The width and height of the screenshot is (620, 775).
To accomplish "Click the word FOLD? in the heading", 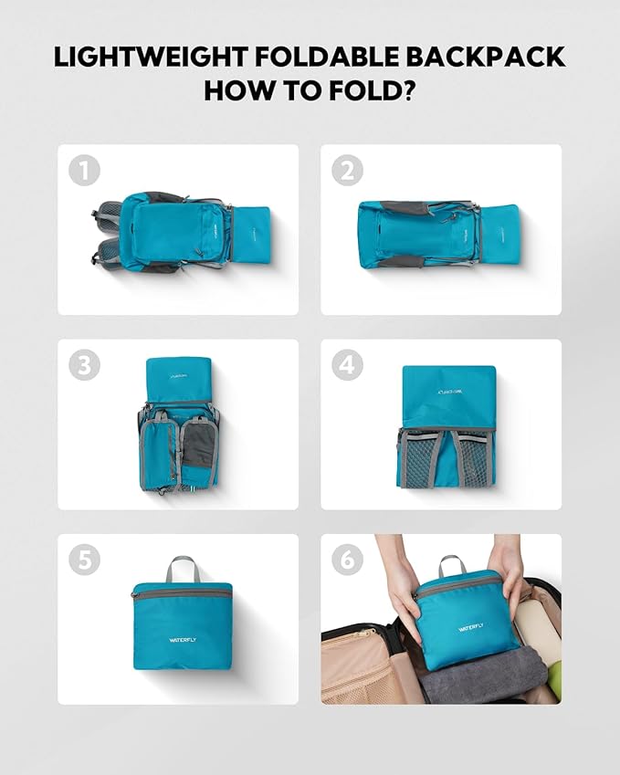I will [x=377, y=90].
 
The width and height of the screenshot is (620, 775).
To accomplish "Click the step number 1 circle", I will [x=84, y=171].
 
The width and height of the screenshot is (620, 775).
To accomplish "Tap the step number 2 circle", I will [x=347, y=171].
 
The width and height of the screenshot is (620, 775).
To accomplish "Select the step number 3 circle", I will [x=84, y=365].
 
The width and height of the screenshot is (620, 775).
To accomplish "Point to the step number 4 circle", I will [x=347, y=365].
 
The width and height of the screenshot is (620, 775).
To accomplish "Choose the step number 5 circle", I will [x=84, y=560].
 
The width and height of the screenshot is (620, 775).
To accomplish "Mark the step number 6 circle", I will [x=347, y=560].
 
